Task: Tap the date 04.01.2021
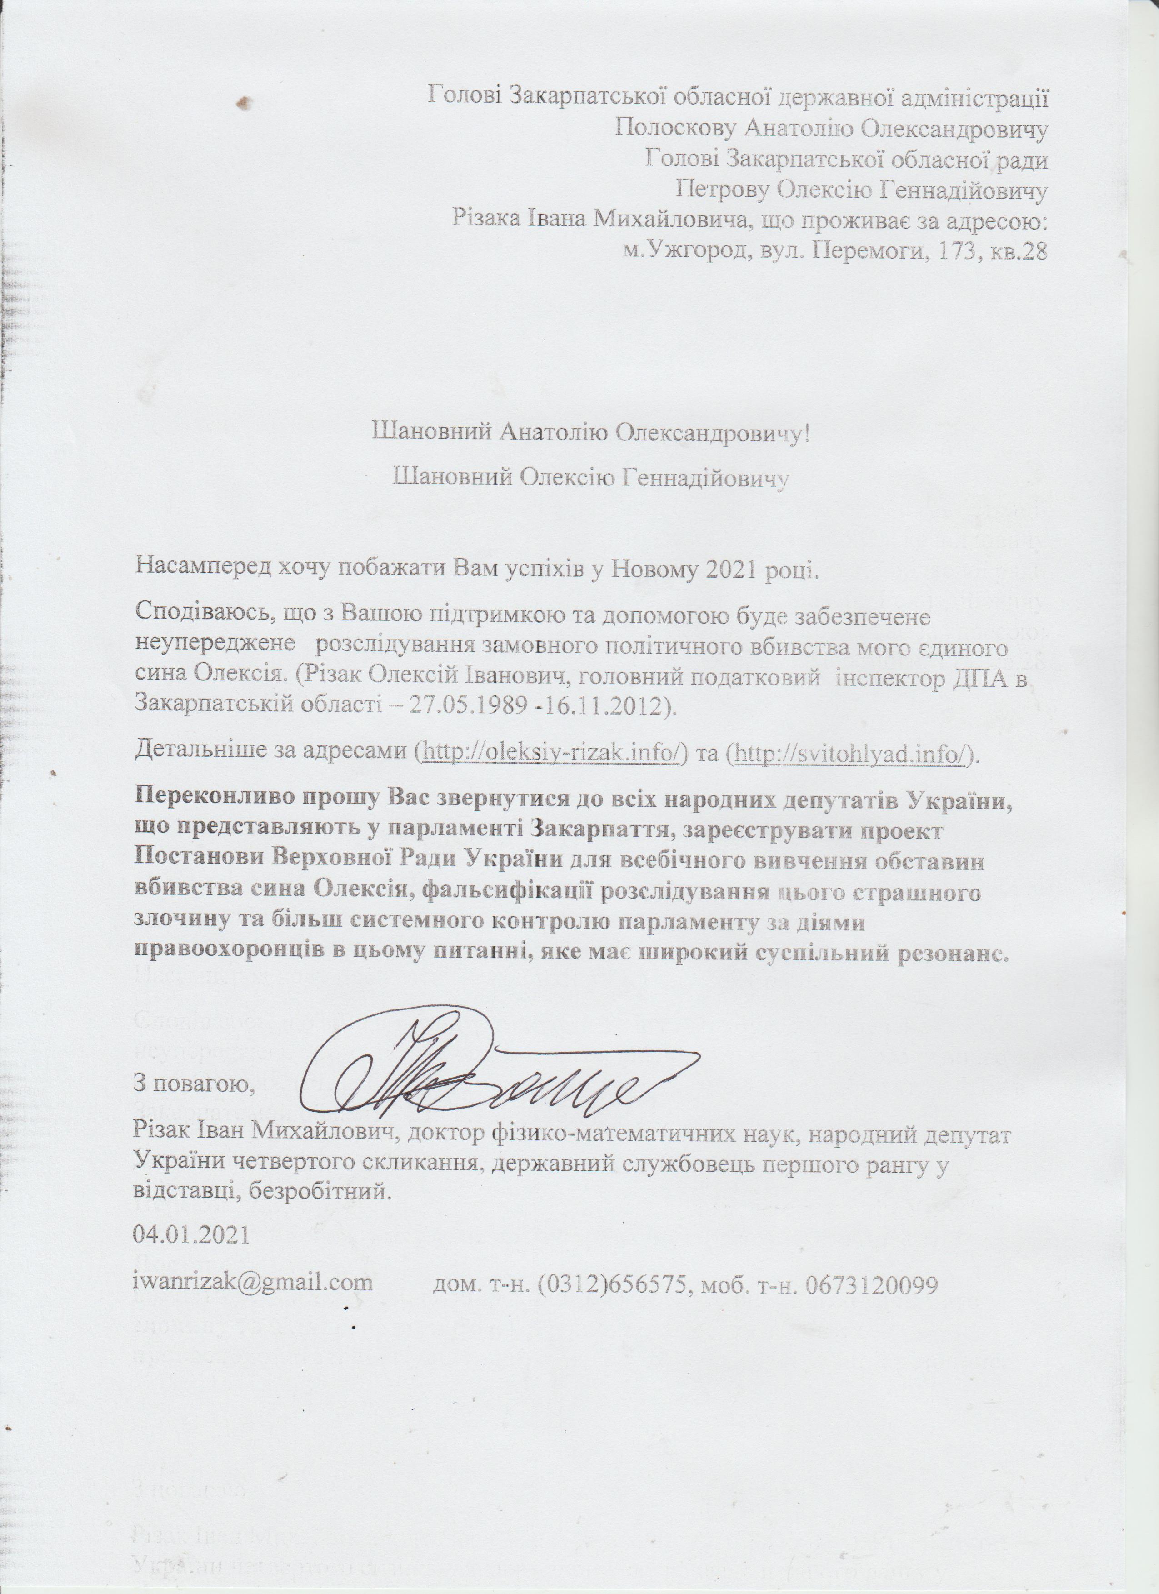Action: tap(191, 1235)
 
